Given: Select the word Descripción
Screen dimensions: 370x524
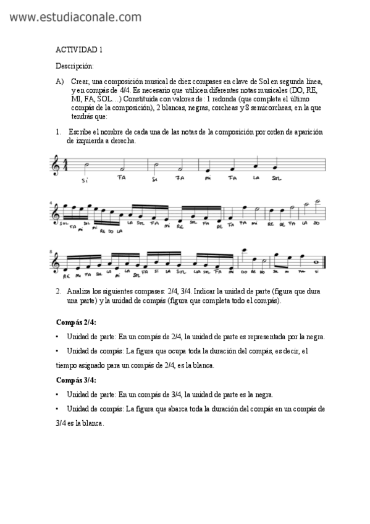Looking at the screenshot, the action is click(75, 65).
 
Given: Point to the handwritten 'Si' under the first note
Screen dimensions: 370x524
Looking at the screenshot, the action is click(85, 180).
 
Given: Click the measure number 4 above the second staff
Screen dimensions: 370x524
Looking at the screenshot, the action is click(50, 202).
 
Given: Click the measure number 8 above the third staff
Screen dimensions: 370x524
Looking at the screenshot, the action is click(50, 252).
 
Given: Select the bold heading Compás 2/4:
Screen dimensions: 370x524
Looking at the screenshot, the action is click(76, 323).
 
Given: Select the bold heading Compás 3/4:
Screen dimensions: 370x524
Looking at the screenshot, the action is click(76, 379).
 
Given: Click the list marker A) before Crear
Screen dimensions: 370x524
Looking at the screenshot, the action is click(60, 82).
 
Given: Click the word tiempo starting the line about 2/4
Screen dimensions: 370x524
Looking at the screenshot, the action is click(67, 365).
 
